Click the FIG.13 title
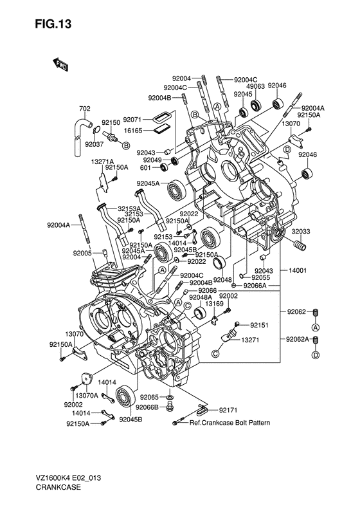(53, 24)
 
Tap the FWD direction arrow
(60, 65)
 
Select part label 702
(85, 109)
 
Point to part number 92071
(132, 120)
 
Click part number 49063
(256, 86)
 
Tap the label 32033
(301, 232)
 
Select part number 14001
(297, 270)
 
